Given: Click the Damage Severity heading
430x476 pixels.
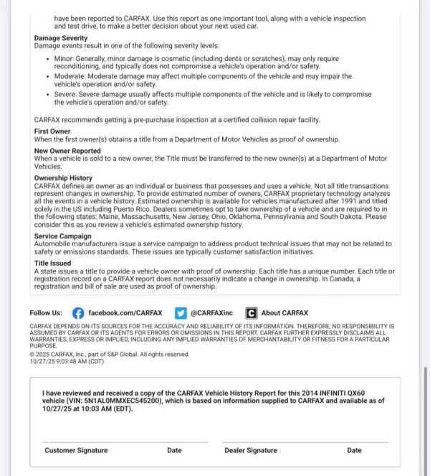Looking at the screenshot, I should point(61,38).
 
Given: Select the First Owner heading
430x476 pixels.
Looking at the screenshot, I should point(52,131).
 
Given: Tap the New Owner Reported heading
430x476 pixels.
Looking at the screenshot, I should point(67,151).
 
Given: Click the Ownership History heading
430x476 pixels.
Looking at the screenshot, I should point(63,178).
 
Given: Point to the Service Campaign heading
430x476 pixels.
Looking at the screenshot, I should point(62,236).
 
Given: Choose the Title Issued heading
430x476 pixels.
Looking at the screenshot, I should point(52,263).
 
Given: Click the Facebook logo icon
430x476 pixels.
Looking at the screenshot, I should point(78,313).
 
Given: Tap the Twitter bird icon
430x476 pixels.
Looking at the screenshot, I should point(181,313).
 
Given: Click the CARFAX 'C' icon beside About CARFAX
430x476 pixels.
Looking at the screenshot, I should point(251,313).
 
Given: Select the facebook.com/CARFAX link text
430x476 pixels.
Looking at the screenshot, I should point(125,313).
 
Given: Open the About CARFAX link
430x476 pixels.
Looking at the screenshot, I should point(285,313).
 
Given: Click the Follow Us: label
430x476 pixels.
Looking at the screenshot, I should point(46,313).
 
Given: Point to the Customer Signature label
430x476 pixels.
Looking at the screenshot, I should point(76,450).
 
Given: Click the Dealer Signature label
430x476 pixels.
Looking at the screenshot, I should point(251,450).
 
